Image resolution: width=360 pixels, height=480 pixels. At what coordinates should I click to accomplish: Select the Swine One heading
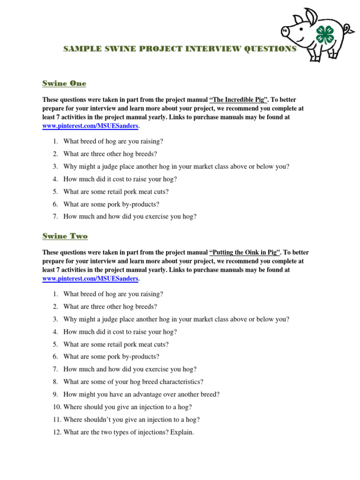(64, 83)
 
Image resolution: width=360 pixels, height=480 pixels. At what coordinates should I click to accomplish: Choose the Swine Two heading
(65, 236)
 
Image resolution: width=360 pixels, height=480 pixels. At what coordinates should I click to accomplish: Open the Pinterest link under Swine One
(90, 126)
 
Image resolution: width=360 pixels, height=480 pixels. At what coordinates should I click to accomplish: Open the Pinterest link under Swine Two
(90, 278)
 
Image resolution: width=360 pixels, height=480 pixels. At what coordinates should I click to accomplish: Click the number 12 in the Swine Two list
(57, 432)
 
